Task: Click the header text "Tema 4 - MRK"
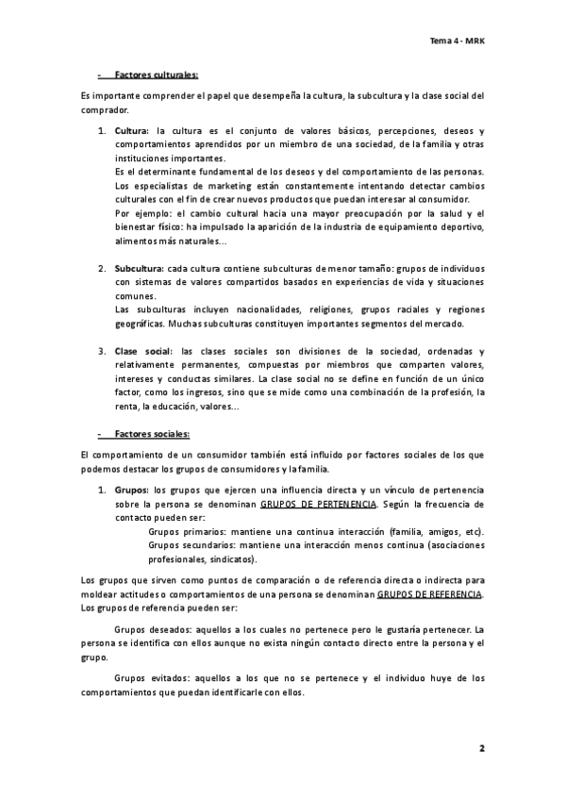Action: point(457,42)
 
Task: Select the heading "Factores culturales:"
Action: point(155,75)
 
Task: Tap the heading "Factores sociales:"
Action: point(151,433)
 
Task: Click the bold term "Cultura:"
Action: point(132,130)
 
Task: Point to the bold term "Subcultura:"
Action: point(140,269)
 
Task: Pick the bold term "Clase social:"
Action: point(144,351)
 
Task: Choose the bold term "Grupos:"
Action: point(132,492)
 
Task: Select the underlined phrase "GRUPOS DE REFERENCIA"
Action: point(429,595)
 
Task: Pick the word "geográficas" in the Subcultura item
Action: point(139,323)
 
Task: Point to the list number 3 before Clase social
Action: point(103,351)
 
